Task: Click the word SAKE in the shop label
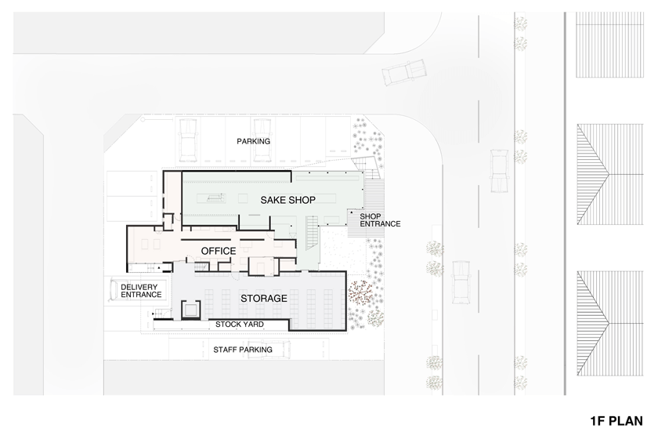click(x=273, y=200)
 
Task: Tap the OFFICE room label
click(x=219, y=251)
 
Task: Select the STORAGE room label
click(x=263, y=299)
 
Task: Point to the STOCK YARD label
click(x=240, y=325)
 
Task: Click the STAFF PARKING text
click(x=243, y=350)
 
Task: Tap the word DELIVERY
click(x=139, y=288)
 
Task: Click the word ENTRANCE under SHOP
click(x=380, y=224)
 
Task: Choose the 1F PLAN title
click(x=616, y=421)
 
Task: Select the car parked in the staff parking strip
click(x=269, y=350)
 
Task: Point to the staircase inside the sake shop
click(x=313, y=232)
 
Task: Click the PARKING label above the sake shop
click(x=254, y=142)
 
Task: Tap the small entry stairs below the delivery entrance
click(x=161, y=313)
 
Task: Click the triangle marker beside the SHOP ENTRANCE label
click(x=352, y=213)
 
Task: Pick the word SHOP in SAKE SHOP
click(x=302, y=200)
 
